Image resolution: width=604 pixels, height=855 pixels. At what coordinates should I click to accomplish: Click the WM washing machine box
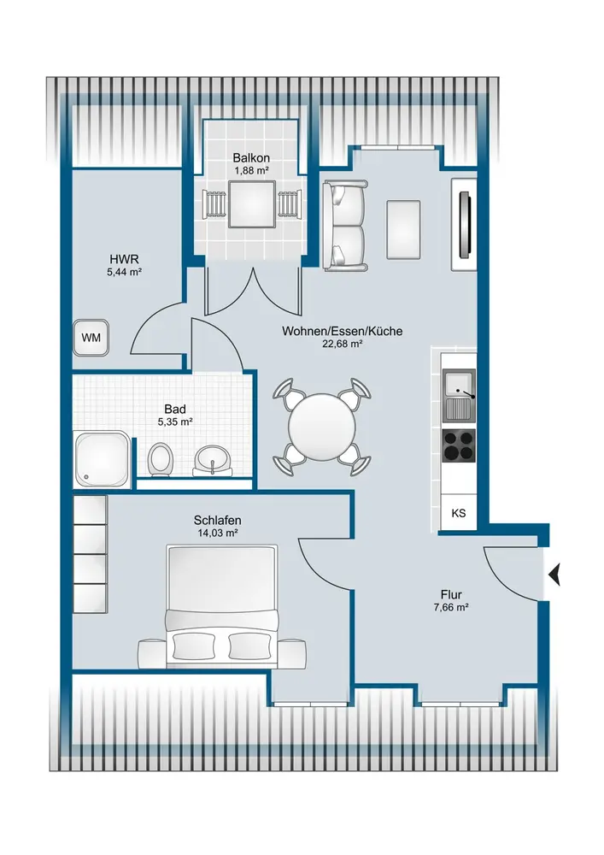tap(91, 338)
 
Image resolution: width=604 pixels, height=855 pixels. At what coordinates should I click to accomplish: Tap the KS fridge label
tap(459, 513)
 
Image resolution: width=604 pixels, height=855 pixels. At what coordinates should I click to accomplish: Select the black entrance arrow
tap(554, 575)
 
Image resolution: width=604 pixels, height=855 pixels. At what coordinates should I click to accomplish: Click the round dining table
tap(322, 427)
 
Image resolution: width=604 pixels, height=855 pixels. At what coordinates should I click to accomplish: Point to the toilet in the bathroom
tap(160, 460)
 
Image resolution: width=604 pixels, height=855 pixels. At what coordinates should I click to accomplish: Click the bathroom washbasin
tap(213, 461)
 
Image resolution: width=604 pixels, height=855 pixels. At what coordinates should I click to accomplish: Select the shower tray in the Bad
tap(102, 458)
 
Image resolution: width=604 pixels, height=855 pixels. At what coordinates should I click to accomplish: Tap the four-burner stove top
tap(459, 445)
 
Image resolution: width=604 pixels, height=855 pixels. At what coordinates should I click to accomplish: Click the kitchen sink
tap(459, 395)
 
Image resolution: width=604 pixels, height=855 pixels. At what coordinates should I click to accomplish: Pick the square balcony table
tap(251, 204)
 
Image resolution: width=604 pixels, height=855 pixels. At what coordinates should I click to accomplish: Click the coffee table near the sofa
tap(403, 229)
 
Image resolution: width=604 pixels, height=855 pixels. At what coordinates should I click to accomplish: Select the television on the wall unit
tap(466, 223)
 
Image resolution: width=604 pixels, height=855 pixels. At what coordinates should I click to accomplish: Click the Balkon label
tap(251, 158)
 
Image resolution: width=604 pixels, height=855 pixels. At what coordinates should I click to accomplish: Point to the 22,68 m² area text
tap(342, 344)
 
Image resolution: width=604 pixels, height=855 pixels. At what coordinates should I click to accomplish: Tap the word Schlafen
tap(217, 521)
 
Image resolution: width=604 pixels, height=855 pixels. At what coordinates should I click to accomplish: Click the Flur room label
tap(451, 595)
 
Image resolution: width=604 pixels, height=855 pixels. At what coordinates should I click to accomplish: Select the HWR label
tap(124, 259)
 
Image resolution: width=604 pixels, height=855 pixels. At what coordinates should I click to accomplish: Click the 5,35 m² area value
tap(175, 422)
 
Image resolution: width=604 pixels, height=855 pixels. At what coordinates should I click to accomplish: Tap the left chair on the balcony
tap(214, 204)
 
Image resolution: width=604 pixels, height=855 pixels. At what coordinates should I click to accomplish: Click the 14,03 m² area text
tap(217, 534)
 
